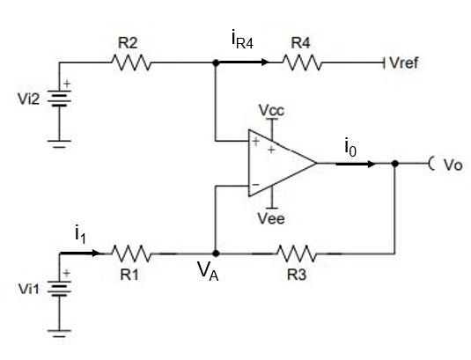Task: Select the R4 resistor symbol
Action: (301, 62)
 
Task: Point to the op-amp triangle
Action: (280, 164)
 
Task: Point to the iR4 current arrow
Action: (248, 62)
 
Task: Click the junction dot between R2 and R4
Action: (215, 62)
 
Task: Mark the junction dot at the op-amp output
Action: (396, 164)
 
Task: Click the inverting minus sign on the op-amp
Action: (255, 186)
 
